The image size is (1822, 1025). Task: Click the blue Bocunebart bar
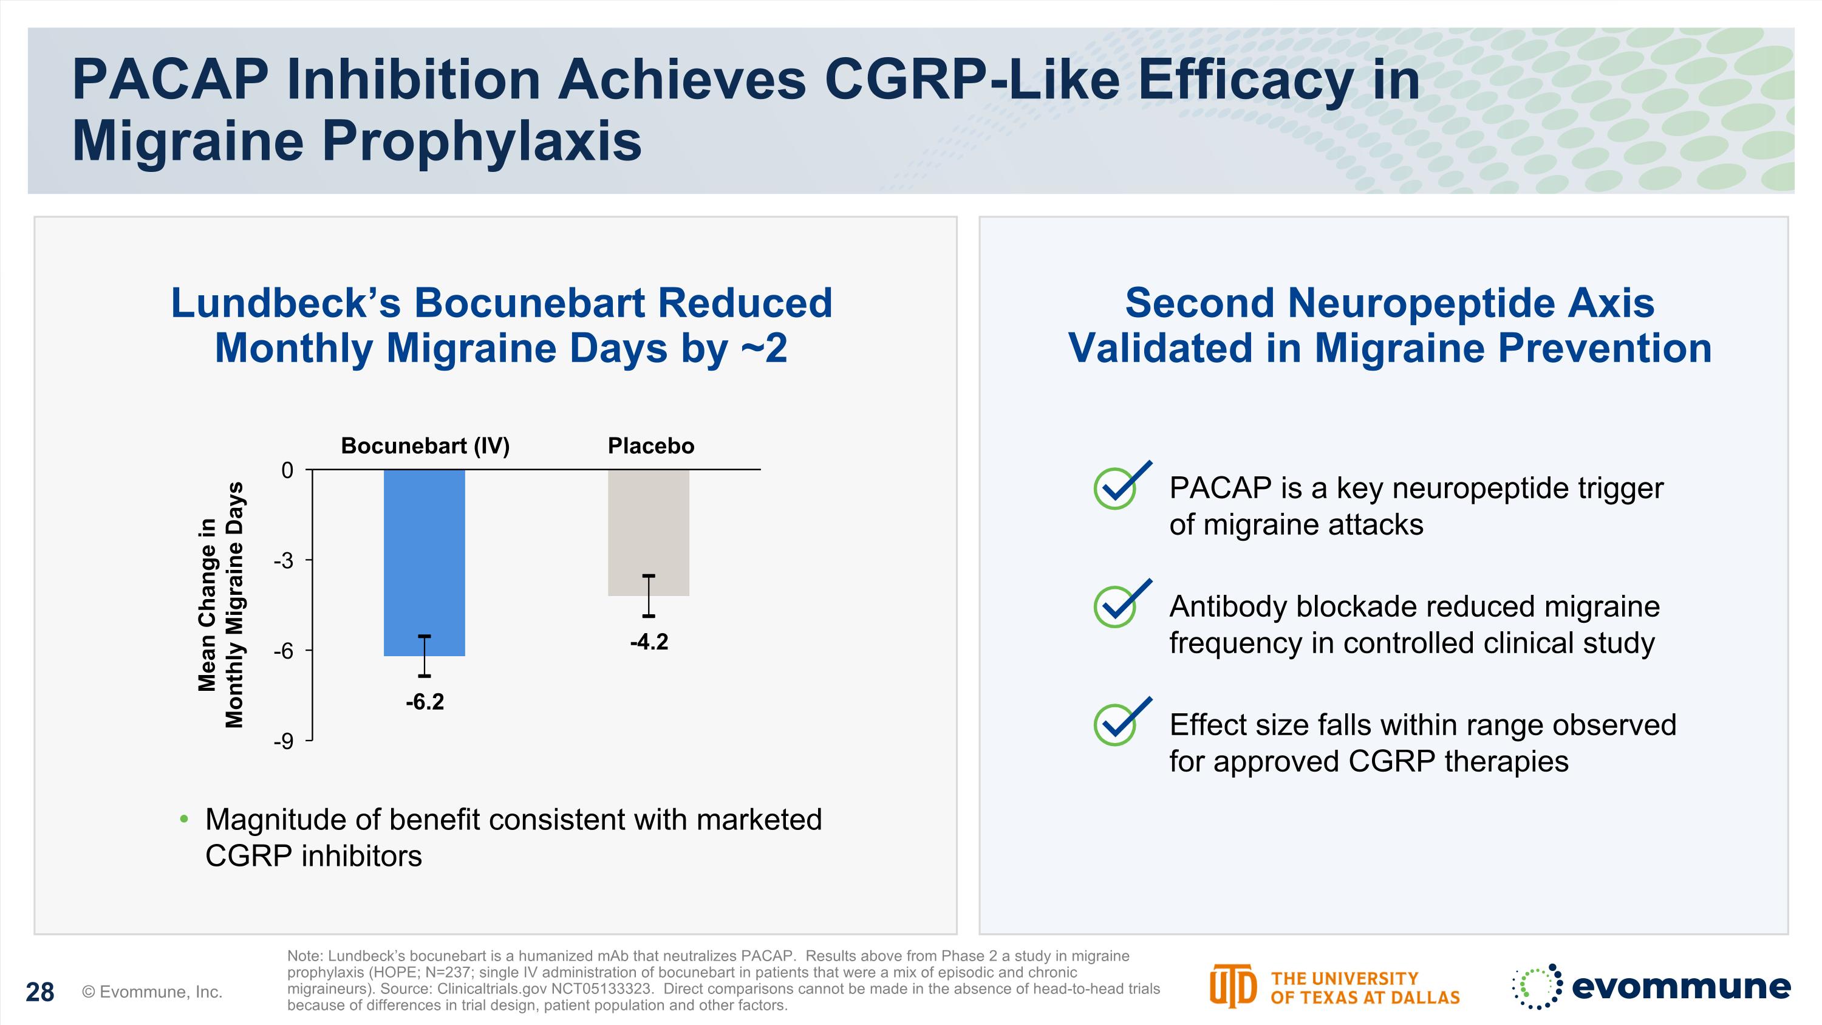coord(425,563)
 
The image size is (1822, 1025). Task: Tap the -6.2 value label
coord(425,702)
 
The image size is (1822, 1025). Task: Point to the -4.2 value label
coord(649,642)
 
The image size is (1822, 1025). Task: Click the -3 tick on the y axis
coord(284,561)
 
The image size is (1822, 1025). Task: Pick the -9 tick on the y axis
coord(284,741)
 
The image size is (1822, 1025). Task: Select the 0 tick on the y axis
coord(287,470)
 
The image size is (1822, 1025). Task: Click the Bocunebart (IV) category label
coord(425,445)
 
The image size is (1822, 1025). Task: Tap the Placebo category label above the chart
coord(650,445)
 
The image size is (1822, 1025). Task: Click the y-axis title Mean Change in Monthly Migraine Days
coord(220,605)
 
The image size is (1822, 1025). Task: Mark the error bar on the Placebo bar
coord(649,595)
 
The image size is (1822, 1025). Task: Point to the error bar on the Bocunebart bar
coord(425,656)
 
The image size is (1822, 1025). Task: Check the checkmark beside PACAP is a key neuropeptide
coord(1121,486)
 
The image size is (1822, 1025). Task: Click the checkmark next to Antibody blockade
coord(1121,605)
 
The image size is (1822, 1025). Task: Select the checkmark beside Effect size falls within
coord(1121,723)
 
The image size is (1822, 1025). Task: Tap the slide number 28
coord(39,992)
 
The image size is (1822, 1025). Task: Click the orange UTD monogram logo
coord(1232,986)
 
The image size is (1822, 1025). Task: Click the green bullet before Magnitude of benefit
coord(185,819)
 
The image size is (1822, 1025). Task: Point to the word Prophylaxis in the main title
coord(481,141)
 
